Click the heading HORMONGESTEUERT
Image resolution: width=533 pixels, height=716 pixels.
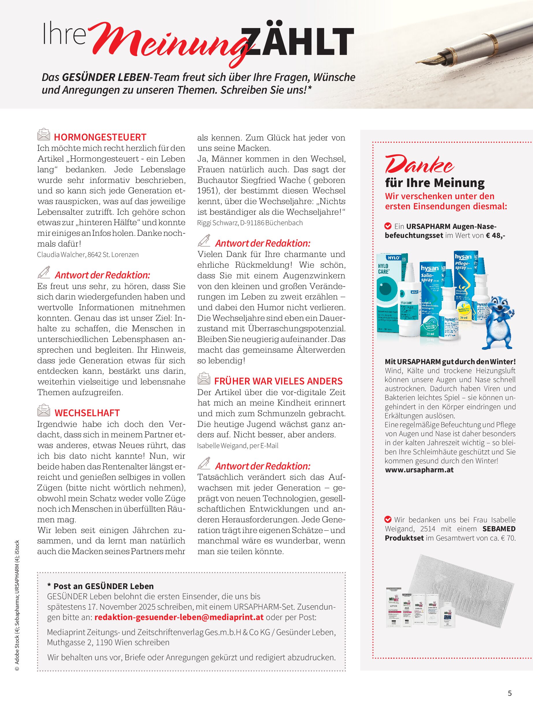[100, 137]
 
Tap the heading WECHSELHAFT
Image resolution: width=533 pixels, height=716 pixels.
[87, 413]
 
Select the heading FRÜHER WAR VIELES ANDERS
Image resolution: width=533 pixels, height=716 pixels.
[278, 381]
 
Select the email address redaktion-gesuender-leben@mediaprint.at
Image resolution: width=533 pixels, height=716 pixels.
[179, 617]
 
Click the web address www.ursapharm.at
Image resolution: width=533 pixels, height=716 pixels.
[419, 470]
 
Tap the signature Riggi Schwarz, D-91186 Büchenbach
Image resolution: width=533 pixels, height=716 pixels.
[250, 223]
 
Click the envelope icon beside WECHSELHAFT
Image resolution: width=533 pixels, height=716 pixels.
[44, 411]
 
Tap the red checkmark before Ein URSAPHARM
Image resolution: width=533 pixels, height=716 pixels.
[388, 226]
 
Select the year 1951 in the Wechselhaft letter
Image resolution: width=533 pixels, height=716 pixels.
[204, 190]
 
